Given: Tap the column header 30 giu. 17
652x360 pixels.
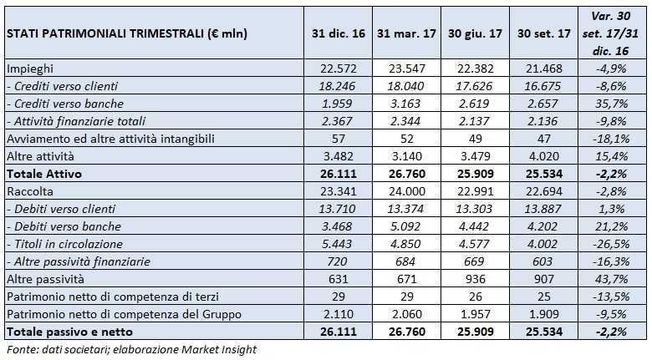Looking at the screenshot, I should click(473, 33).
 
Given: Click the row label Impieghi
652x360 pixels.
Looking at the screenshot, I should click(30, 68).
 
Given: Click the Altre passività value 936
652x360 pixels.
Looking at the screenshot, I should click(473, 279).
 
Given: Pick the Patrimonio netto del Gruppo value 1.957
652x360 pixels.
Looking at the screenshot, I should click(473, 314).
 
